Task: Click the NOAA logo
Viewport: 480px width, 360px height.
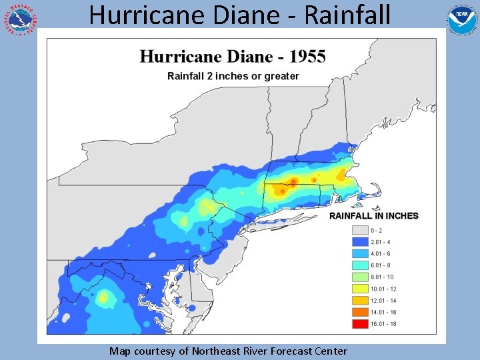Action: pyautogui.click(x=461, y=19)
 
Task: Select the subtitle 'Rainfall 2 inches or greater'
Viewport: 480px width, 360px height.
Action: pyautogui.click(x=233, y=76)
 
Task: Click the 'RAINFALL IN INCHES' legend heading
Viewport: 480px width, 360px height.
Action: pyautogui.click(x=374, y=216)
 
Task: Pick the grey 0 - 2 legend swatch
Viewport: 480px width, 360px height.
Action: pyautogui.click(x=359, y=231)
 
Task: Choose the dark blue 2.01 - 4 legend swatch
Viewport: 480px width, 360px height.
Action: pyautogui.click(x=359, y=242)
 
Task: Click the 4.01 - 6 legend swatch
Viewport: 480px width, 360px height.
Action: pyautogui.click(x=359, y=254)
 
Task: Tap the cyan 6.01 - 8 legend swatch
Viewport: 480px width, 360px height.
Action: pyautogui.click(x=359, y=265)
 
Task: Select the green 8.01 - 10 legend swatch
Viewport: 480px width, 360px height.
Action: pyautogui.click(x=359, y=277)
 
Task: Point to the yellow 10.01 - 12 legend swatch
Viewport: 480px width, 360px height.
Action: pyautogui.click(x=359, y=289)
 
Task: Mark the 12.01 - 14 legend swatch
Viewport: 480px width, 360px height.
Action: pyautogui.click(x=359, y=300)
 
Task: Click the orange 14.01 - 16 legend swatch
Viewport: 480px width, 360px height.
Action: pyautogui.click(x=359, y=312)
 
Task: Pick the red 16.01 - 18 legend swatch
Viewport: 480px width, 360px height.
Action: pyautogui.click(x=359, y=323)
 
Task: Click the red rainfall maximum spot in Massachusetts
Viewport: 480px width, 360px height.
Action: pyautogui.click(x=293, y=181)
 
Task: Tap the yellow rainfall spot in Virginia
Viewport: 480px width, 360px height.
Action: pyautogui.click(x=103, y=297)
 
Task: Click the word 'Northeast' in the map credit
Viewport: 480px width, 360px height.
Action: pyautogui.click(x=203, y=351)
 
